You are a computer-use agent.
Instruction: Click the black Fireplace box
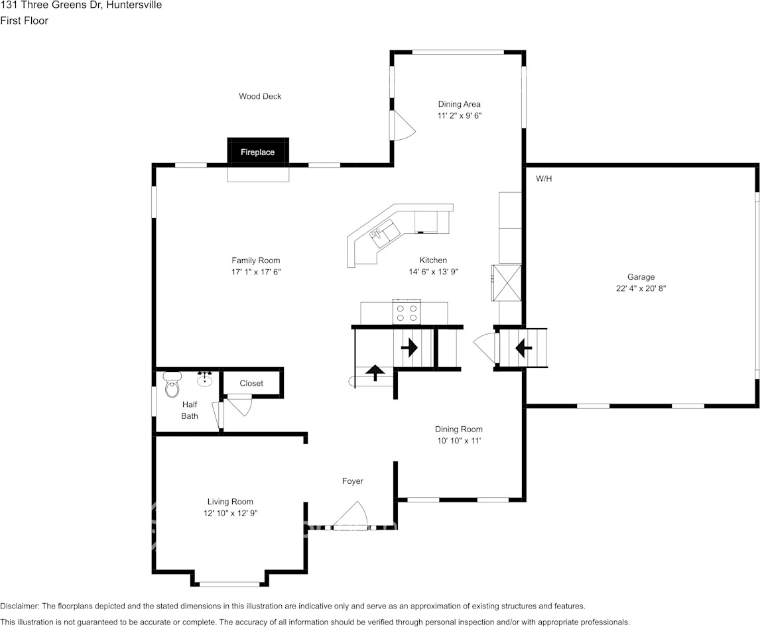tap(258, 152)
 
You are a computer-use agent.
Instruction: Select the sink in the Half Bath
tap(205, 380)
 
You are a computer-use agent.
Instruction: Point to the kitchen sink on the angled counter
tap(384, 235)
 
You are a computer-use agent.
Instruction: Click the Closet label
tap(251, 383)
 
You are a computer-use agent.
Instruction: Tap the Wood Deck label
tap(260, 96)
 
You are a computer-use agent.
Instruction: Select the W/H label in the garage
tap(544, 179)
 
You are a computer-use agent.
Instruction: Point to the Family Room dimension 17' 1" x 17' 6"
tap(255, 272)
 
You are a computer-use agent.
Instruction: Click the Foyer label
tap(352, 481)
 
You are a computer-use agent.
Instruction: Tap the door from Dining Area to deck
tap(401, 126)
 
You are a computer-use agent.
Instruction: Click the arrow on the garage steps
tap(523, 346)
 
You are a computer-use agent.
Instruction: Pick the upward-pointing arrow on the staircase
tap(375, 372)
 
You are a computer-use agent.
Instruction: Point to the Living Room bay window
tap(230, 583)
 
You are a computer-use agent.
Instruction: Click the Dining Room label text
tap(458, 429)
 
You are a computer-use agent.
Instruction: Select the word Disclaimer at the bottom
tap(19, 606)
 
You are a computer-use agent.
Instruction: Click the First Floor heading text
tap(25, 21)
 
